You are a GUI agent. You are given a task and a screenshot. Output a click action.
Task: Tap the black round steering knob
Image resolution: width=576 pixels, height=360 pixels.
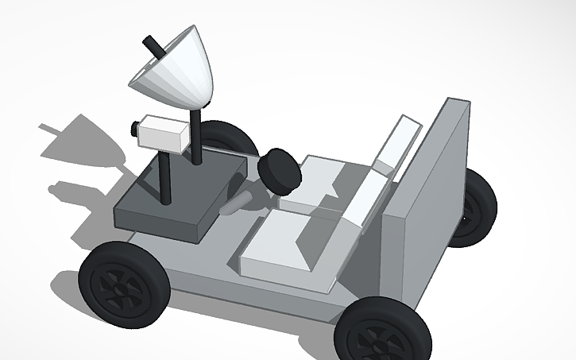(x=280, y=169)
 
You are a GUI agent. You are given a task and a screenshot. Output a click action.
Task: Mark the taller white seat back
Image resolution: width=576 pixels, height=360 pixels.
(x=397, y=143)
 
